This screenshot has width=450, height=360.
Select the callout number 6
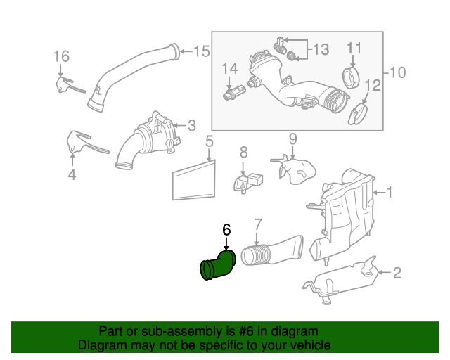coord(226,229)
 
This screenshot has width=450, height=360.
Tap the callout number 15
coord(202,51)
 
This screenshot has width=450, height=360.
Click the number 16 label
coord(61,56)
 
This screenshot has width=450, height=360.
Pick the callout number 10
coord(397,72)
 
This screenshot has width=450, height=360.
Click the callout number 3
coord(191,126)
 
